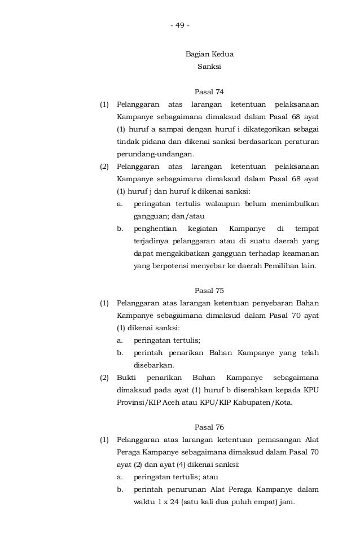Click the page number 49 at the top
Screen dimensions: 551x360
click(x=180, y=25)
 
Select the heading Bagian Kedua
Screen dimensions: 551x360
click(x=209, y=55)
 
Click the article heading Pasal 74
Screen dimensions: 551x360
click(x=209, y=92)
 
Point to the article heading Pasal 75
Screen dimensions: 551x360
click(x=209, y=291)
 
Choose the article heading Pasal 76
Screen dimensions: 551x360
click(x=209, y=427)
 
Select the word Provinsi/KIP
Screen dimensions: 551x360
click(x=135, y=403)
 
